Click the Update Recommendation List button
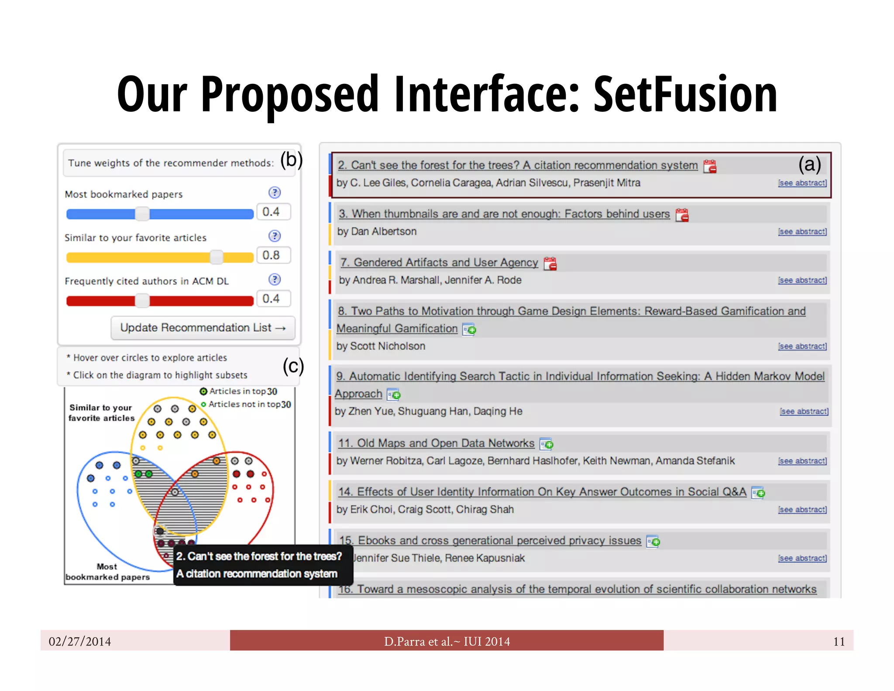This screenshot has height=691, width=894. pos(203,328)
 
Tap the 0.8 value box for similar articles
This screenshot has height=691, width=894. pos(273,255)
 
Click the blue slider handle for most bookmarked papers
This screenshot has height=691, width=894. pos(142,214)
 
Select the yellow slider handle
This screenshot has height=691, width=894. pos(217,257)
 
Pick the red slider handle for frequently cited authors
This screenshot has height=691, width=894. pos(142,301)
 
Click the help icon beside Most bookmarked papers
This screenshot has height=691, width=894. pos(275,193)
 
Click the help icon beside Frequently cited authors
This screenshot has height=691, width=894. pos(275,280)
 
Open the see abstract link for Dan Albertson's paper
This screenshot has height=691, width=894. pos(802,231)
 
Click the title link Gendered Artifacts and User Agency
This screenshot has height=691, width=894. pos(439,263)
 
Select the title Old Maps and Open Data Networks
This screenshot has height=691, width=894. pos(436,443)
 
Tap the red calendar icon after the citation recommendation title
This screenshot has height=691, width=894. pos(710,166)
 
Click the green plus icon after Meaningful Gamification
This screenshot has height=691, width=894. pos(469,329)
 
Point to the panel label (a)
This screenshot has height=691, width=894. pos(809,164)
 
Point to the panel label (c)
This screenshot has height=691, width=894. pos(293,366)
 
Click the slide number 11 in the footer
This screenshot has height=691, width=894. pos(839,641)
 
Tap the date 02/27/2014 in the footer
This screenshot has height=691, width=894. pos(80,641)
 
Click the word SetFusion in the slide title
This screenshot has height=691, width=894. pos(685,94)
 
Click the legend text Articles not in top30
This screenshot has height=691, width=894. pos(249,404)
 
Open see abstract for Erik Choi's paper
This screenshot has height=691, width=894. pos(802,510)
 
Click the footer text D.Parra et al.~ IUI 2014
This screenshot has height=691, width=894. pos(447,641)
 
